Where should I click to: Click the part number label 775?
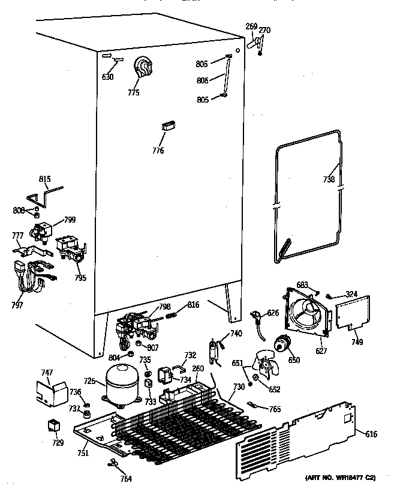tap(133, 92)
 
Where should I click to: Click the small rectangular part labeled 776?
tap(167, 126)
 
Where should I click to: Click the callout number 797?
tap(16, 306)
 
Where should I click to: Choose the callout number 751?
tap(83, 453)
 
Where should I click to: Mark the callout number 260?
tap(197, 368)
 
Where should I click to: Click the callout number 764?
tap(125, 479)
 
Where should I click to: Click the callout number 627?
tap(321, 351)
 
